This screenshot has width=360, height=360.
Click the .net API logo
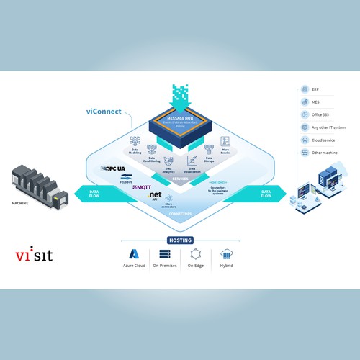pyautogui.click(x=153, y=196)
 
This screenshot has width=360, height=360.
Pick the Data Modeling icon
pyautogui.click(x=134, y=140)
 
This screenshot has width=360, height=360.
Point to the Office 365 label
pyautogui.click(x=320, y=114)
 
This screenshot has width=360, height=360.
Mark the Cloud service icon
pyautogui.click(x=305, y=140)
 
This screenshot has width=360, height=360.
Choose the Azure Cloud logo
pyautogui.click(x=133, y=254)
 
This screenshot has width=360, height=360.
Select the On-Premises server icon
pyautogui.click(x=164, y=254)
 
